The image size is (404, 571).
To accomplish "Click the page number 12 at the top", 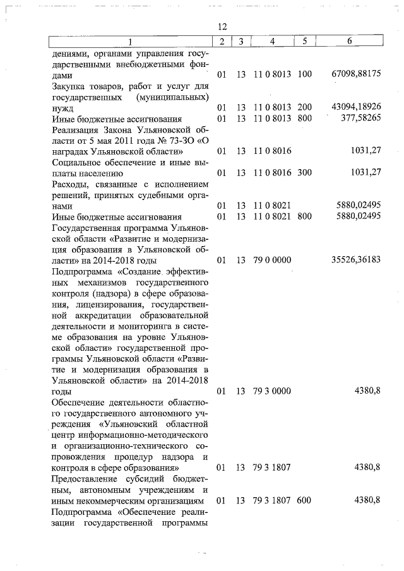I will coord(222,27).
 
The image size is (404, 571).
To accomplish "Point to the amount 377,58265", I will coord(360,117).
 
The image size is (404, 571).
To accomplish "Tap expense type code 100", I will coord(305,74).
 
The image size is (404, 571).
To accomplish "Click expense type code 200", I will coord(305,108).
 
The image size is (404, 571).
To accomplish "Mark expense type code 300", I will coord(305,172).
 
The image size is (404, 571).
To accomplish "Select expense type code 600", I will coord(305,500).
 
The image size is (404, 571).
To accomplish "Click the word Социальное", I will coord(77,162).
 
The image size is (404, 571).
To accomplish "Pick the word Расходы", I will coord(69,184).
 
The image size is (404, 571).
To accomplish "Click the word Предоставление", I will coord(86,478).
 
